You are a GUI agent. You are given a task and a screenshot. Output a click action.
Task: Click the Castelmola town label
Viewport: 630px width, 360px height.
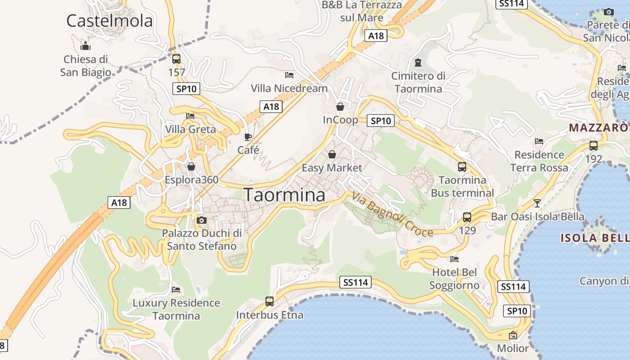pos(109,21)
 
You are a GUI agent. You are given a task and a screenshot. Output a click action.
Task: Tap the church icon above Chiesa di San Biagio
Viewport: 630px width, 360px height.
pos(85,46)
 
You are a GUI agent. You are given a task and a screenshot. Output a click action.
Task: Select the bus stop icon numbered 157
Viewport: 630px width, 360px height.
pos(176,58)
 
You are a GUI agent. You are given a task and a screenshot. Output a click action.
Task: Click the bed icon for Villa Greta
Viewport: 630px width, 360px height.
pos(190,116)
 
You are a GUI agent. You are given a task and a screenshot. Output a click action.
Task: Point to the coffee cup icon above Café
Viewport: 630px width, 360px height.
pos(247,137)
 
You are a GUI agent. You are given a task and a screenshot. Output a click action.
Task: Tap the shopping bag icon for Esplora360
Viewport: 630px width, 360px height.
pos(191,166)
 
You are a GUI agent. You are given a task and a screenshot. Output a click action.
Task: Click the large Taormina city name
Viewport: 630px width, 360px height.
pos(284,195)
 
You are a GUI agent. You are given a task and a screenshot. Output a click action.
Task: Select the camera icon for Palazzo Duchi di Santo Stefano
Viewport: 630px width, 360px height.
pos(202,220)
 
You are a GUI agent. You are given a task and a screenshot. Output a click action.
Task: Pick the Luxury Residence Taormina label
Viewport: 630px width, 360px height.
pos(176,309)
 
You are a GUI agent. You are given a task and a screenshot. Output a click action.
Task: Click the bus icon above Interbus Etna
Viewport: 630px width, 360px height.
pos(270,301)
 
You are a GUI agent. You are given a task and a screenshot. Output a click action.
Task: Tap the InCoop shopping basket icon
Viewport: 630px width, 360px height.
pos(340,107)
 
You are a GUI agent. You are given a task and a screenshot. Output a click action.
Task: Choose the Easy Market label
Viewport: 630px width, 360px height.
pos(332,168)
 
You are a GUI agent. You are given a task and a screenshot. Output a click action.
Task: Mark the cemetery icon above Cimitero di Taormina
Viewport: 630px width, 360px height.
pos(418,62)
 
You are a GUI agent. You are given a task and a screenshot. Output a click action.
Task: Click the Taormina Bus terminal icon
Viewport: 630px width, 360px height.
pos(462,167)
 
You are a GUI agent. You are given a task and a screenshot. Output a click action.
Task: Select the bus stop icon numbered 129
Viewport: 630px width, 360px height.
pos(467,217)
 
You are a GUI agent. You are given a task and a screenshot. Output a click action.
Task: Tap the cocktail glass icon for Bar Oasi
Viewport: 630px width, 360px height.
pos(537,203)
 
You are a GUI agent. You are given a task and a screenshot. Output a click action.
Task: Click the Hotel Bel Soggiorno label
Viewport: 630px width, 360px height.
pos(454,279)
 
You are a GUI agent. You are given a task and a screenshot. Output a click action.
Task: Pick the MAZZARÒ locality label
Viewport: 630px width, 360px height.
pos(598,127)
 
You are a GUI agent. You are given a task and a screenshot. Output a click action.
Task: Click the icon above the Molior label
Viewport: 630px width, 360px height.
pos(513,335)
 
